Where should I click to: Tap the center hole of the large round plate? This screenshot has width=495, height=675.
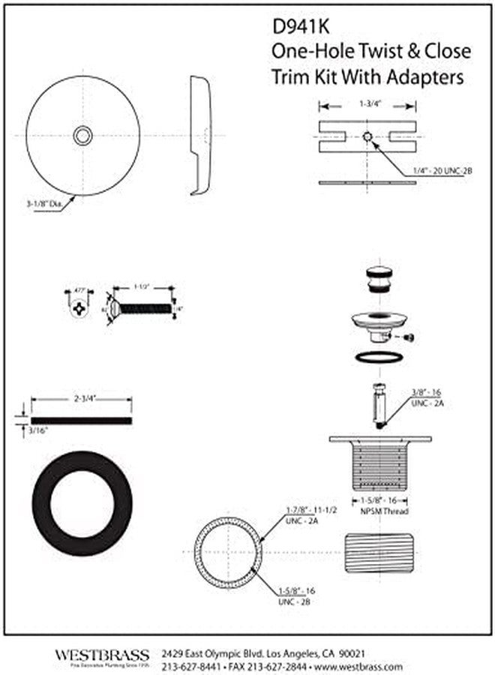[x=82, y=136]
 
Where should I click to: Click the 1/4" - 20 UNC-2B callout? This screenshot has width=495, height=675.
[x=442, y=172]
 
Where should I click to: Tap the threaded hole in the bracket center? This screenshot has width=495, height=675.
[x=367, y=136]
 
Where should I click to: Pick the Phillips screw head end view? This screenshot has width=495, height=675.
[x=81, y=307]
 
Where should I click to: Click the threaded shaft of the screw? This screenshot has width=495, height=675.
[x=146, y=307]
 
